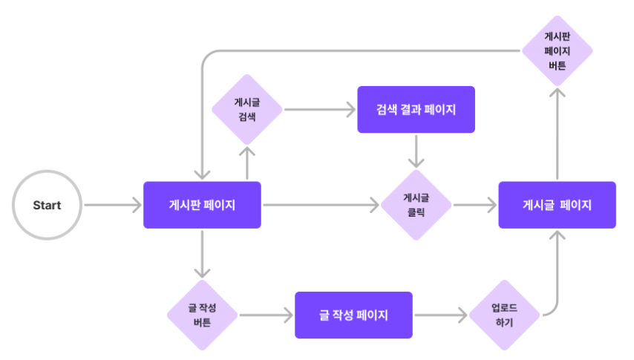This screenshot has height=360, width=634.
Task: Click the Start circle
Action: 47,205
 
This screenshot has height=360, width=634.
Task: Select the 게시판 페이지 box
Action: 202,205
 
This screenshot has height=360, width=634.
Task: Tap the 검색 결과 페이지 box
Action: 416,109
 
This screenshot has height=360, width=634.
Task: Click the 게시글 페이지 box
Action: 558,205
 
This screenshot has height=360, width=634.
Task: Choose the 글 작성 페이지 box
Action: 354,315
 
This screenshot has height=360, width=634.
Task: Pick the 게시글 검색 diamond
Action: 247,109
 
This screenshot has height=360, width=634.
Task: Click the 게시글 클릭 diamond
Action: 416,205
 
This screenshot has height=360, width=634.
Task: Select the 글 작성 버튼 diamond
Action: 202,315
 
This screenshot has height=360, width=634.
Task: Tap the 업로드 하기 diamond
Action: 504,315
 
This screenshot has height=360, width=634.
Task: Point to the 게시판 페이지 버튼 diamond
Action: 558,51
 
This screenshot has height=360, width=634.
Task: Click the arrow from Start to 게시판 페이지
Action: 113,205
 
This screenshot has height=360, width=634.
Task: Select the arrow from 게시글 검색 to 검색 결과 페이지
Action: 320,109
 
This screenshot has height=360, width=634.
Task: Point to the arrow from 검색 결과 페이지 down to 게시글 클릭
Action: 416,151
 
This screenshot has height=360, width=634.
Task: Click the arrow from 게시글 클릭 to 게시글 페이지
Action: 475,205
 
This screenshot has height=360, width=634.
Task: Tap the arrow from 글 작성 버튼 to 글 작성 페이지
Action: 267,315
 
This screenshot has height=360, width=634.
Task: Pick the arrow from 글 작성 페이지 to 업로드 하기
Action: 441,315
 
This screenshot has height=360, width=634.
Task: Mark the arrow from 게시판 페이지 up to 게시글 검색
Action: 247,163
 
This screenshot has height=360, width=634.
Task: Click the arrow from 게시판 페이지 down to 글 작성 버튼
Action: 202,254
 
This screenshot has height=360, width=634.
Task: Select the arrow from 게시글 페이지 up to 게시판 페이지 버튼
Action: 558,134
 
